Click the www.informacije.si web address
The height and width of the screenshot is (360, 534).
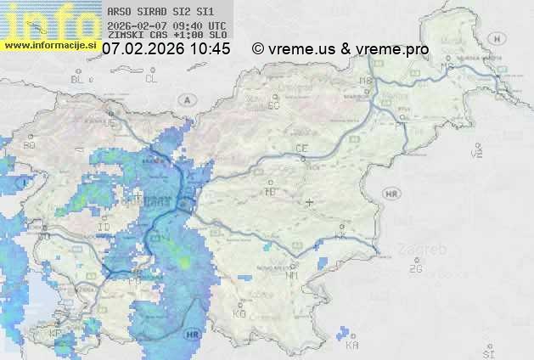click(x=48, y=45)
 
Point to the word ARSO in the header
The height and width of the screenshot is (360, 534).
click(x=119, y=12)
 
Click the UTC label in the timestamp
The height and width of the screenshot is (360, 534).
click(x=217, y=25)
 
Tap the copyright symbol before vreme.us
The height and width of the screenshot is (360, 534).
click(x=258, y=49)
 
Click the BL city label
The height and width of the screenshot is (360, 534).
click(x=77, y=79)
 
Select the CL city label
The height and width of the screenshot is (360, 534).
click(x=152, y=79)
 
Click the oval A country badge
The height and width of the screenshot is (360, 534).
click(x=186, y=99)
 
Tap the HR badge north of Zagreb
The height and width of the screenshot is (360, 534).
click(x=391, y=194)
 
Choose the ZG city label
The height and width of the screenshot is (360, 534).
click(x=415, y=270)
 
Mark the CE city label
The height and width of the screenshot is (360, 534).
click(x=301, y=149)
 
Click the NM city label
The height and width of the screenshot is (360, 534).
click(x=293, y=275)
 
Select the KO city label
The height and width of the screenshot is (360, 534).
click(x=239, y=313)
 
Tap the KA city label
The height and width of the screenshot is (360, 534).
click(x=353, y=346)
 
